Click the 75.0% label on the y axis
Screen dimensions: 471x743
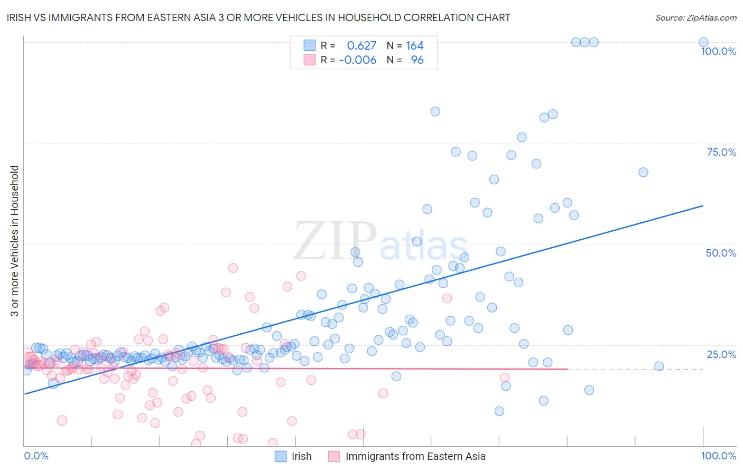click(721, 152)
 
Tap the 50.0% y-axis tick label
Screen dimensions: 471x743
click(721, 253)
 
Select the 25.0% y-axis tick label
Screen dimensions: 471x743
click(721, 354)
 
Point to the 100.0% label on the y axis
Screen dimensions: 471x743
click(718, 51)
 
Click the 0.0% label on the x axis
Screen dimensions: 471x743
click(36, 456)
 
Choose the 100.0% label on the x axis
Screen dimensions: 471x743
click(718, 456)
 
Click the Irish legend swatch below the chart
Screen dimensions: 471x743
click(281, 456)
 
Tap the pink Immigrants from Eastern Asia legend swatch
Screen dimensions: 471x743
click(334, 456)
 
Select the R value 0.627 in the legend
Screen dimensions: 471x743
click(361, 46)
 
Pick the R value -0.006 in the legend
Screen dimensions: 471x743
click(357, 60)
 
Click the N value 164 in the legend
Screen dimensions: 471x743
click(415, 46)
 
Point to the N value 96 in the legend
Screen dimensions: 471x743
click(417, 60)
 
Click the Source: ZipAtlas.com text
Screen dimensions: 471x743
click(695, 18)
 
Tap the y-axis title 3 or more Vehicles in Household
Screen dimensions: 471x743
click(15, 241)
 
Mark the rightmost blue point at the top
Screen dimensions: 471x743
click(703, 42)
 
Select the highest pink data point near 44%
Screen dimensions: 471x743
click(233, 268)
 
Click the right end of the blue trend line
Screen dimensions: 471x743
click(703, 205)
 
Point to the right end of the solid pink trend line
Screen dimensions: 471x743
click(568, 369)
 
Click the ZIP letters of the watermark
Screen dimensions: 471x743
click(335, 241)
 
